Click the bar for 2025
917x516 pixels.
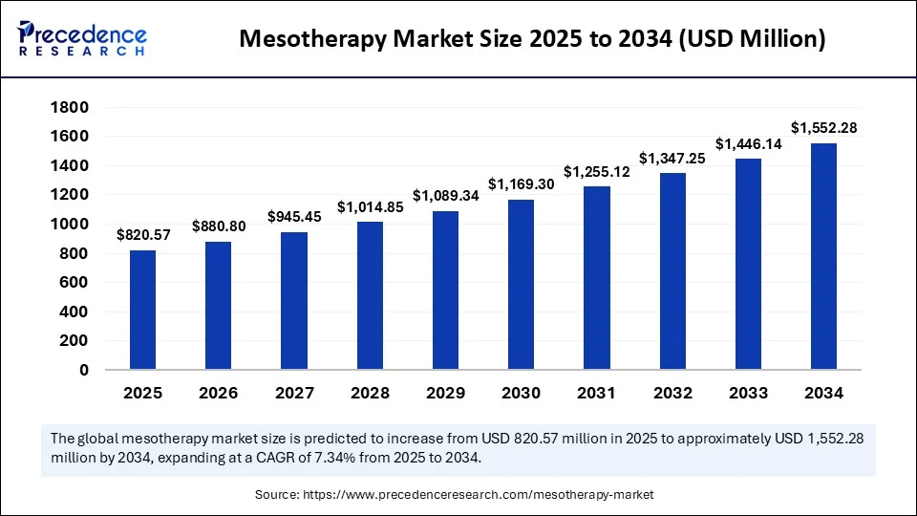[142, 310]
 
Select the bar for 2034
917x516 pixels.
[823, 256]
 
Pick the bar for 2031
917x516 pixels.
[597, 277]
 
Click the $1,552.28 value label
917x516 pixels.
[823, 128]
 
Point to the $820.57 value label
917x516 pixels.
[142, 235]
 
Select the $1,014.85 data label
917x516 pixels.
[370, 206]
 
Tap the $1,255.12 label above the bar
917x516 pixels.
[597, 171]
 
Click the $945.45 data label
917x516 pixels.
[294, 217]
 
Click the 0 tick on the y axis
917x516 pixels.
[84, 370]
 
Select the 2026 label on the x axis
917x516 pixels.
[218, 393]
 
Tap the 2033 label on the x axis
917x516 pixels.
[748, 393]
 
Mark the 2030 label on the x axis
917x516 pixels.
[521, 393]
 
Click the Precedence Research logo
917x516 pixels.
[82, 38]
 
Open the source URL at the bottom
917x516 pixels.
[478, 495]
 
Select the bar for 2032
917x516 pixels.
[672, 270]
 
